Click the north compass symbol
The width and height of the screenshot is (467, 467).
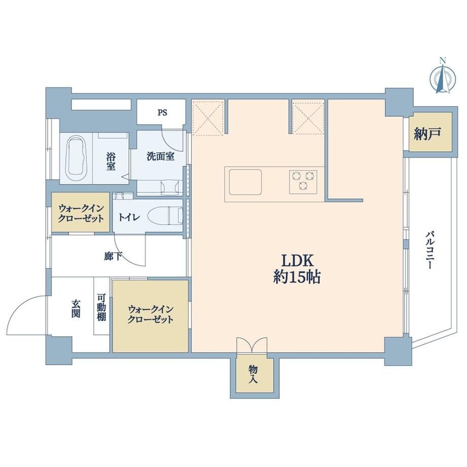(x=443, y=78)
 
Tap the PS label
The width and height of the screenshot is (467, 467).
(x=162, y=113)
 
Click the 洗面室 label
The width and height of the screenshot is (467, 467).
(x=160, y=156)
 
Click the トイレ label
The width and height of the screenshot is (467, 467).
(x=129, y=217)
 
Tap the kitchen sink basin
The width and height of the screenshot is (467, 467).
(x=245, y=182)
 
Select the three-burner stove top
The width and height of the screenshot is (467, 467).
(x=303, y=181)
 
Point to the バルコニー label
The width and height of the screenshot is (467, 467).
(x=429, y=250)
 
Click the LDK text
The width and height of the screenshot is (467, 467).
(x=297, y=261)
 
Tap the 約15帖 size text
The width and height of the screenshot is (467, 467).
(x=297, y=278)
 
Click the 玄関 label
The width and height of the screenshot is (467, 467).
(x=76, y=309)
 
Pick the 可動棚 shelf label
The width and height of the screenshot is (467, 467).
(x=101, y=308)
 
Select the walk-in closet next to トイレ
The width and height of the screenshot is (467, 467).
(x=81, y=212)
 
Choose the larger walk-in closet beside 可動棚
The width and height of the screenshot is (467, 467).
(x=150, y=315)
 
